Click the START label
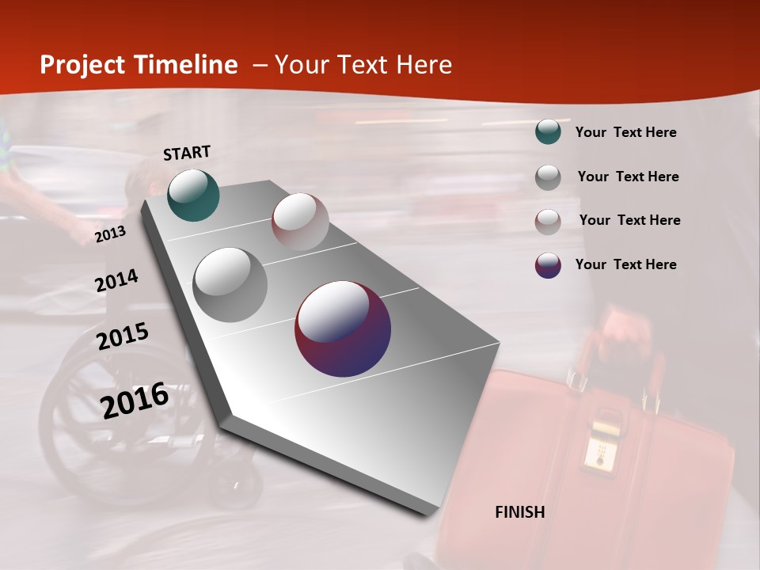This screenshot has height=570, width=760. pos(187,153)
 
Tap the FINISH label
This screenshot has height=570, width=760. pos(520,512)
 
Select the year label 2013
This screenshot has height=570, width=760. pos(110,234)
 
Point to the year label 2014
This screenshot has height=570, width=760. pos(116,280)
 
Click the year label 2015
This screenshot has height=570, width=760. pos(123,336)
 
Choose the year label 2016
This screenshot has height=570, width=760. pos(135,400)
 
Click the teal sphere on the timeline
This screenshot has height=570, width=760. pos(193,195)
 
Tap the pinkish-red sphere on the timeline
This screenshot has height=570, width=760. pos(300,221)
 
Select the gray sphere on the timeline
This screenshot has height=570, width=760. pos(230,284)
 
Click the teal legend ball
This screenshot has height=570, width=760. pos(548,131)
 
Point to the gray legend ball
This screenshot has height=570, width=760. pos(548,177)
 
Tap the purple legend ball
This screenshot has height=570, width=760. pos(548,265)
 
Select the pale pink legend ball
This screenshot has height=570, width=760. pos(548,221)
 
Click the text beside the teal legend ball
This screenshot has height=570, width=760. pos(625,132)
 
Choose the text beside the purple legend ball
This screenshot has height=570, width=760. pos(625,264)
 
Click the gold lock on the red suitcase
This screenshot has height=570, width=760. pos(599,445)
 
